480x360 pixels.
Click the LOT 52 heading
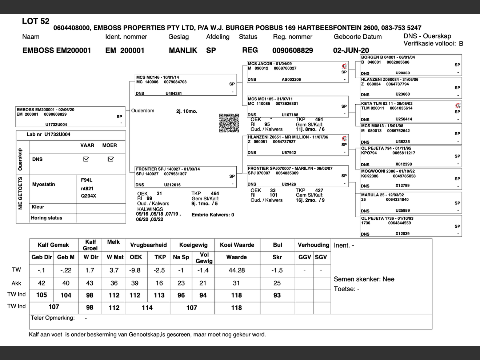click(x=36, y=21)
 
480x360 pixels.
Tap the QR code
click(x=229, y=123)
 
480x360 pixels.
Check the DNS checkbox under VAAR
click(x=86, y=159)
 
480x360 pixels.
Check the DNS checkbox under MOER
click(x=111, y=159)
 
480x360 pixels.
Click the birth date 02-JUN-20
click(x=351, y=51)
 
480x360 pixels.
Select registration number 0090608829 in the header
click(x=292, y=51)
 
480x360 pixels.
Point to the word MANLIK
click(x=183, y=51)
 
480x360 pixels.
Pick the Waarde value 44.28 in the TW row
click(x=237, y=270)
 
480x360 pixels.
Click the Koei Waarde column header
click(x=237, y=245)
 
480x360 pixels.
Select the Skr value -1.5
click(x=277, y=270)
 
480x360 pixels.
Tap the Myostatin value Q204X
click(x=88, y=196)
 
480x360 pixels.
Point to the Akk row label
click(x=16, y=283)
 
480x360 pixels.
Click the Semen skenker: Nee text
click(x=364, y=279)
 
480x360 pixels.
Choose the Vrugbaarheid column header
click(x=148, y=245)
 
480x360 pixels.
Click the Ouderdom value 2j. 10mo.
click(x=187, y=111)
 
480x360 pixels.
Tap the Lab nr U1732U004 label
click(x=49, y=135)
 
